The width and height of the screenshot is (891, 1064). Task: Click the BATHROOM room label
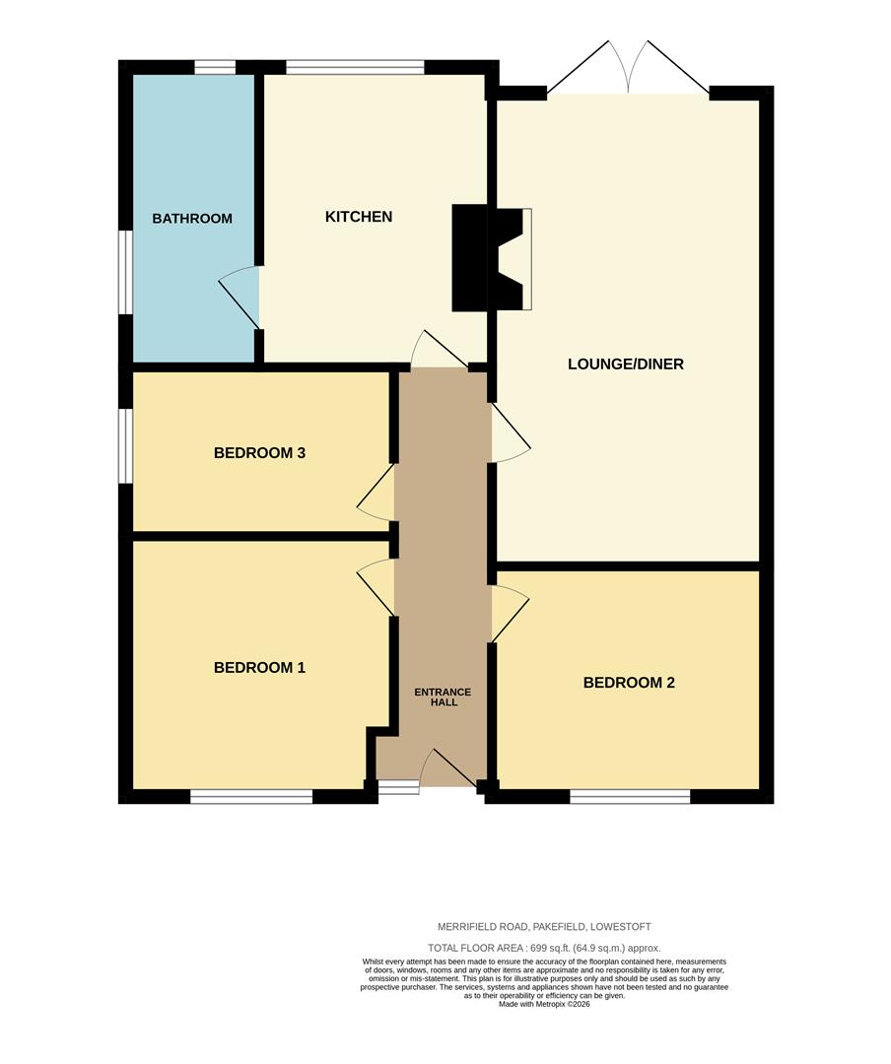[192, 219]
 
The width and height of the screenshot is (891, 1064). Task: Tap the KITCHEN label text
[359, 217]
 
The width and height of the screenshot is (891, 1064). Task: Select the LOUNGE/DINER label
[626, 364]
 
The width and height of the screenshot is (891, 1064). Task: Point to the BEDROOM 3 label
[259, 452]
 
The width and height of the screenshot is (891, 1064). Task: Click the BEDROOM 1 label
[259, 668]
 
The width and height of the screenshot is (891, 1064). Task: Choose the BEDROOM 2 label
[629, 683]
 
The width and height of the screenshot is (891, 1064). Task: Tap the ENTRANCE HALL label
[443, 697]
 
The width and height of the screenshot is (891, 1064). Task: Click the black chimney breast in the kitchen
[469, 258]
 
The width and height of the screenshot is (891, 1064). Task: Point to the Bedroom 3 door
[376, 492]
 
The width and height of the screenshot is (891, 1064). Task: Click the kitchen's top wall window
[355, 67]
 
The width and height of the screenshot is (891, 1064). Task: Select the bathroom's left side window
[125, 273]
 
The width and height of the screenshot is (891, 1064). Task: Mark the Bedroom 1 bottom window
[251, 797]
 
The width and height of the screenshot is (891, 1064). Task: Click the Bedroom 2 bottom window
[630, 797]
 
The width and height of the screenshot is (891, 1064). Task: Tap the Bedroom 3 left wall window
[125, 446]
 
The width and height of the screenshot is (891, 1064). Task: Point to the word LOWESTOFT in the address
[621, 926]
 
